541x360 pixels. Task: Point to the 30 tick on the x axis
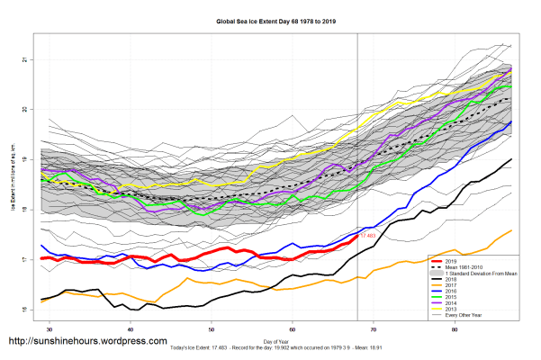[x=48, y=329]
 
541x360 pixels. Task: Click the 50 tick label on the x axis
[x=211, y=329]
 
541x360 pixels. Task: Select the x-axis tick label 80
[x=455, y=329]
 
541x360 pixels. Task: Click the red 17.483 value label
[x=367, y=237]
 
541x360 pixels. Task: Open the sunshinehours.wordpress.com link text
[x=87, y=342]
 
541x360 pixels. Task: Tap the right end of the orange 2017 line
[x=512, y=230]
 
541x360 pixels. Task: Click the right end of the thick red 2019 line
[x=357, y=236]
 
